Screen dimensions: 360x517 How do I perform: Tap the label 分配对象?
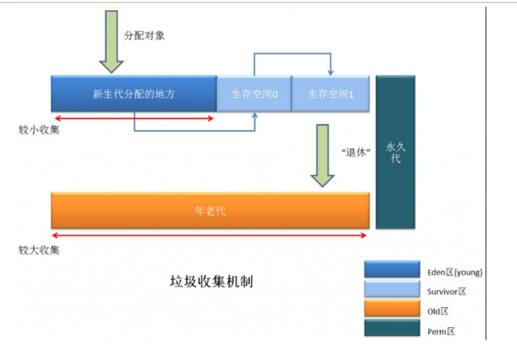point(144,35)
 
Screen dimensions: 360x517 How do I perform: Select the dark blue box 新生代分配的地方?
point(134,94)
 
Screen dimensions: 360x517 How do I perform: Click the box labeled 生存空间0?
point(254,94)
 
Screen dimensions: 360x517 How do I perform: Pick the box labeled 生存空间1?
point(331,94)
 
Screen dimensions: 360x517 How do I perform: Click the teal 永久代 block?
point(395,152)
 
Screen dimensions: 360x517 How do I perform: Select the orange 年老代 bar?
point(210,211)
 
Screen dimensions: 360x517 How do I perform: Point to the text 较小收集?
point(39,130)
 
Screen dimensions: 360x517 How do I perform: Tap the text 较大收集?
point(39,250)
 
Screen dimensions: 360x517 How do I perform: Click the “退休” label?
point(355,153)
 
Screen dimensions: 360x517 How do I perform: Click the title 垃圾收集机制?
point(211,281)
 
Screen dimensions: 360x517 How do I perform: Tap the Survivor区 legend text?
point(447,291)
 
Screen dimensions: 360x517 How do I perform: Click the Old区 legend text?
point(439,311)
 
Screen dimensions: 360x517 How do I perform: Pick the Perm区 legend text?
point(441,331)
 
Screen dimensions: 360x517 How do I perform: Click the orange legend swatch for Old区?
point(392,310)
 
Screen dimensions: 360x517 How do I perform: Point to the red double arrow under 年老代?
point(210,236)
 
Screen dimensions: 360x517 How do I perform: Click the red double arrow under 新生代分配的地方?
point(134,118)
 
